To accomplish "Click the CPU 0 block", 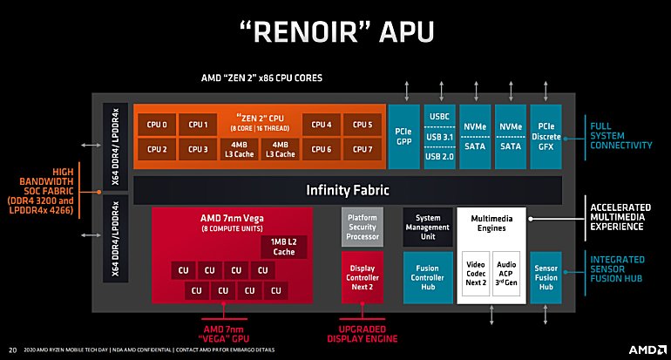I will click(x=157, y=125).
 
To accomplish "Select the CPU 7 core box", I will click(x=363, y=149).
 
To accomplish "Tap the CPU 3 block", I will click(x=199, y=149).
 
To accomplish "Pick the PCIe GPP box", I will click(x=403, y=137).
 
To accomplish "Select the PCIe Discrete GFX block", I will click(x=548, y=137).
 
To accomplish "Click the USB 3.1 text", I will click(x=439, y=137).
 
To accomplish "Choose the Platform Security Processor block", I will click(x=363, y=226).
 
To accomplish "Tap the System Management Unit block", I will click(x=428, y=226).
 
